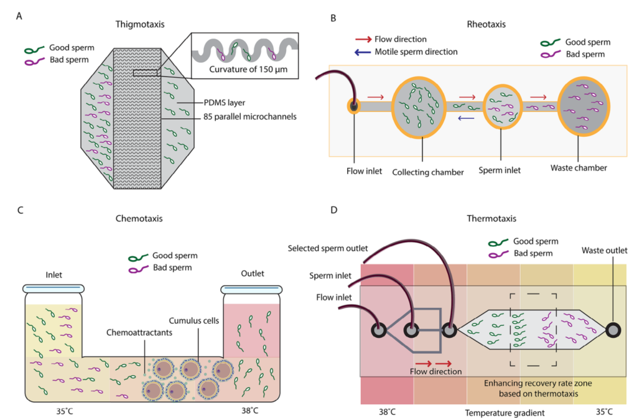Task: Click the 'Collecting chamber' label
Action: (429, 172)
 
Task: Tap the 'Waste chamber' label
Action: (579, 167)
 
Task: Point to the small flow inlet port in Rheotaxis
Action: (353, 106)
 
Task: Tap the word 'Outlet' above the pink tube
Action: (253, 273)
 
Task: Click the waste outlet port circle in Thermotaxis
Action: (615, 330)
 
